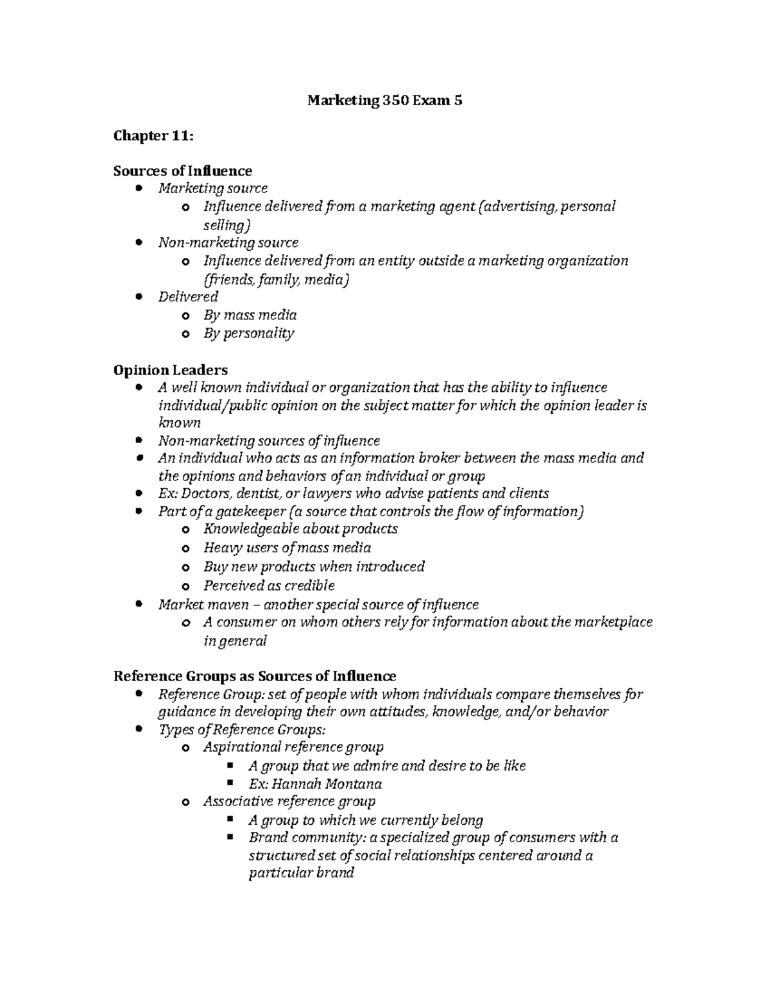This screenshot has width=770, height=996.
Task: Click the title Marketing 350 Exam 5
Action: [384, 101]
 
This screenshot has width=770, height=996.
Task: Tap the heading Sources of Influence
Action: [182, 171]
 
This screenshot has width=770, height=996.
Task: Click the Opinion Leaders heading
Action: [170, 370]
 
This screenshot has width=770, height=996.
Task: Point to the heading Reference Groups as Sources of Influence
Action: [255, 676]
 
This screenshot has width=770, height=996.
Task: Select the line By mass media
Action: [250, 315]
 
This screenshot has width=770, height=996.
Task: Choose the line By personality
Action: [248, 333]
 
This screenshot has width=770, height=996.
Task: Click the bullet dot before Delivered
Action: [139, 297]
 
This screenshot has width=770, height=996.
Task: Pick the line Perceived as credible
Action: [269, 585]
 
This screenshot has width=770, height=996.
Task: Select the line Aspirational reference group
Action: [293, 747]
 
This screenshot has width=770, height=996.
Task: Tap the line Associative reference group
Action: [289, 801]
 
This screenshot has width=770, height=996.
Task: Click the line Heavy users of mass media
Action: [287, 548]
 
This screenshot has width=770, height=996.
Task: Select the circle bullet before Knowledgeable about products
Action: [186, 530]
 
